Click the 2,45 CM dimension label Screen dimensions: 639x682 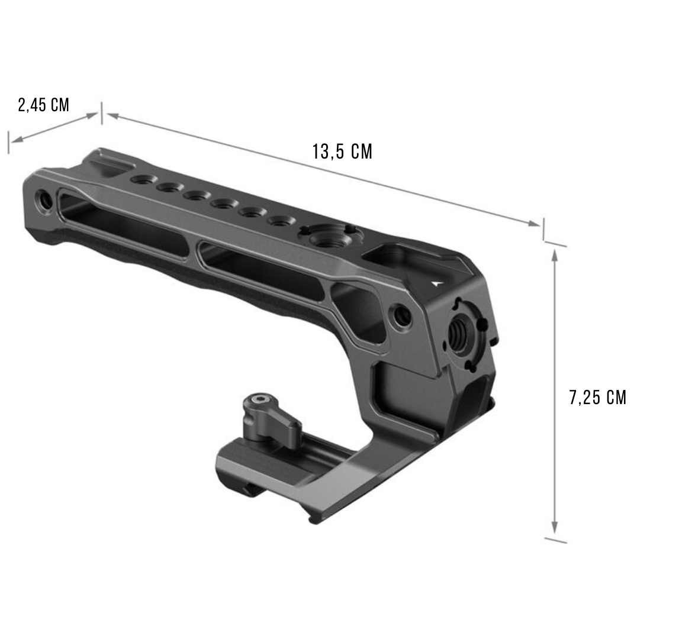(x=44, y=105)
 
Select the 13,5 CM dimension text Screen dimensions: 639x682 (x=342, y=151)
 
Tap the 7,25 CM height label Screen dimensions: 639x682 (x=597, y=398)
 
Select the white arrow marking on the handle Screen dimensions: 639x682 (x=437, y=282)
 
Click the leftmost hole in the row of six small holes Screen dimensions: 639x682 (x=141, y=179)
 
